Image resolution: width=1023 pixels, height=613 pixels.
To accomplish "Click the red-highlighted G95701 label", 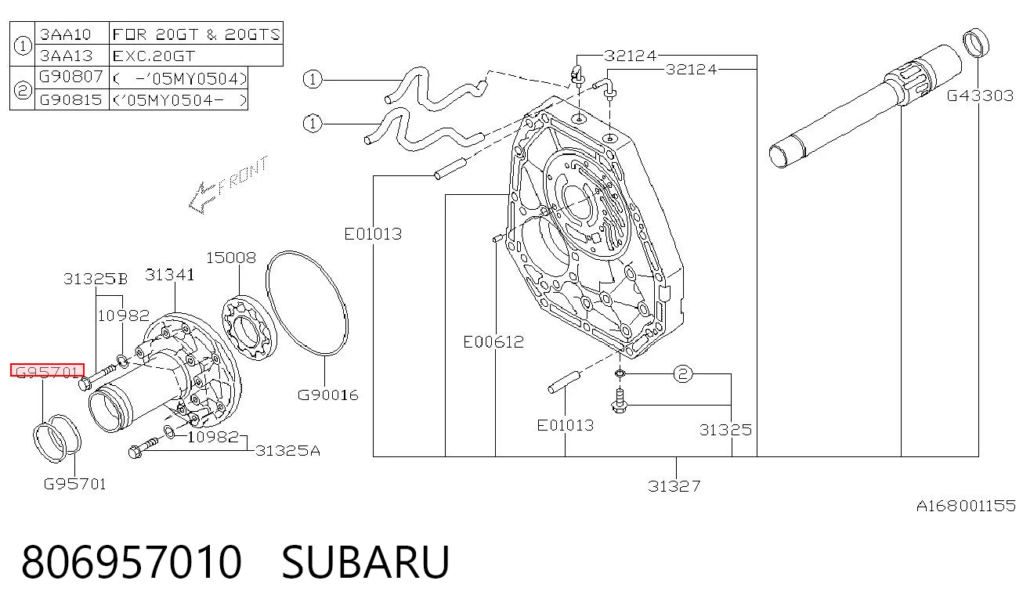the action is click(48, 370).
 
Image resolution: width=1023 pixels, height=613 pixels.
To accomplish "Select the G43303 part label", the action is click(980, 96).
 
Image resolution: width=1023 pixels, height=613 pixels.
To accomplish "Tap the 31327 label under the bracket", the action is click(674, 486).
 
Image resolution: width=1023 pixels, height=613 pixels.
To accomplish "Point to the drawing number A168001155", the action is click(966, 506).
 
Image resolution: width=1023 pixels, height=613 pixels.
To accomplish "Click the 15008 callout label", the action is click(231, 258).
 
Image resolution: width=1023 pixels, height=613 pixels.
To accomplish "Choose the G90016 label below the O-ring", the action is click(328, 395).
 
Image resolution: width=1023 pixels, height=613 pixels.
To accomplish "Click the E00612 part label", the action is click(493, 342).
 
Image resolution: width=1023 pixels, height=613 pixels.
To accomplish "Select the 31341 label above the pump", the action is click(170, 275).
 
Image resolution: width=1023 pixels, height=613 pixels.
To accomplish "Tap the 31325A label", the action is click(287, 451).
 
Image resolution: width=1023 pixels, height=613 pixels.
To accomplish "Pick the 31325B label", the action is click(96, 279).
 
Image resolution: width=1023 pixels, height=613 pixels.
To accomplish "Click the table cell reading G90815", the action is click(72, 99).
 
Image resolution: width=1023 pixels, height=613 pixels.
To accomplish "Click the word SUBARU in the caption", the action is click(365, 562).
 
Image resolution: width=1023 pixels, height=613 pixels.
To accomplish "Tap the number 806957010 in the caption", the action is click(132, 562).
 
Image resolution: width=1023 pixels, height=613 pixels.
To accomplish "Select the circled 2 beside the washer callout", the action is click(683, 374).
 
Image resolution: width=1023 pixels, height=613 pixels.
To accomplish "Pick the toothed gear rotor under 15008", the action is click(249, 328).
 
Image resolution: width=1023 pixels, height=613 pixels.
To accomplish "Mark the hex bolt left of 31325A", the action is click(143, 447).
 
